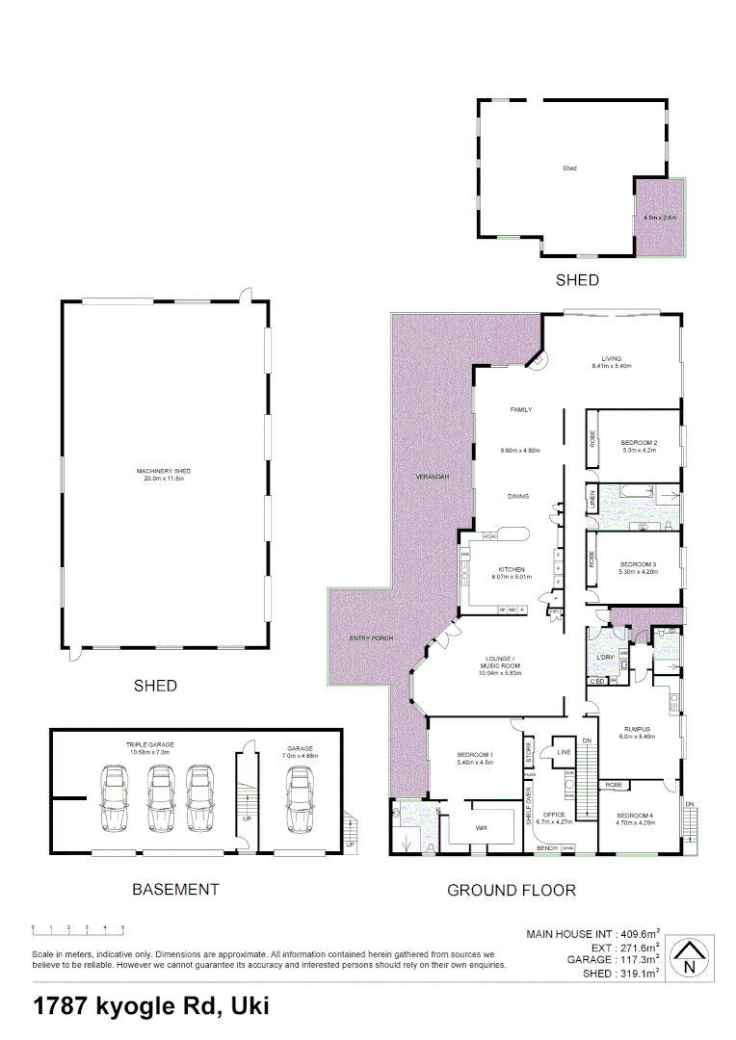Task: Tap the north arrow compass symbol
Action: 687,957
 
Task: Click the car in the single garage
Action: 301,800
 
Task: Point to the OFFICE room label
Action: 554,818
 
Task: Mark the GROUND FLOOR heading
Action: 511,891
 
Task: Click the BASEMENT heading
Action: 175,890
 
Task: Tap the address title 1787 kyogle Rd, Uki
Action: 151,1006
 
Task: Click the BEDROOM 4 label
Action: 636,819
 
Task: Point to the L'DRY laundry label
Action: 605,658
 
